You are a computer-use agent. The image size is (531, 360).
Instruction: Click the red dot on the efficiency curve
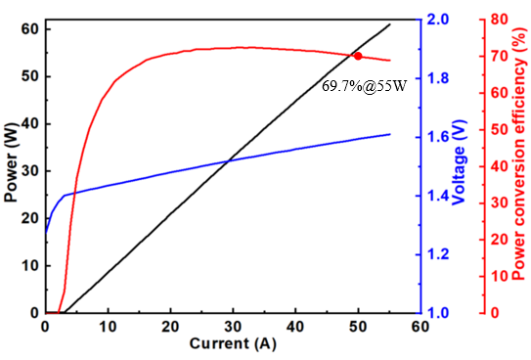tap(358, 56)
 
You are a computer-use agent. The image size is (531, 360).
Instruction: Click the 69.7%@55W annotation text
tap(364, 86)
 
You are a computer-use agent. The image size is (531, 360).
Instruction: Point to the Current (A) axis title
tap(233, 343)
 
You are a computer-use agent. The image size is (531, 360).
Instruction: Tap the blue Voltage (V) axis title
tap(460, 162)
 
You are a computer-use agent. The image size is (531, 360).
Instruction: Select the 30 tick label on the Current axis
tap(233, 327)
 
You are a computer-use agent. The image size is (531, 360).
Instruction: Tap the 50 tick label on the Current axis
tap(358, 327)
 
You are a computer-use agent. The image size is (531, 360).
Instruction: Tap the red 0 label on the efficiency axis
tap(495, 313)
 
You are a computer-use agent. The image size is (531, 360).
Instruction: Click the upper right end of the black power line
tap(390, 24)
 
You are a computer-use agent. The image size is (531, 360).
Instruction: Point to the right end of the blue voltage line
tap(390, 134)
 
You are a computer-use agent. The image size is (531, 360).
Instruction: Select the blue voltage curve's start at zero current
tap(46, 233)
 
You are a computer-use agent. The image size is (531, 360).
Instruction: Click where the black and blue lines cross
tap(228, 160)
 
